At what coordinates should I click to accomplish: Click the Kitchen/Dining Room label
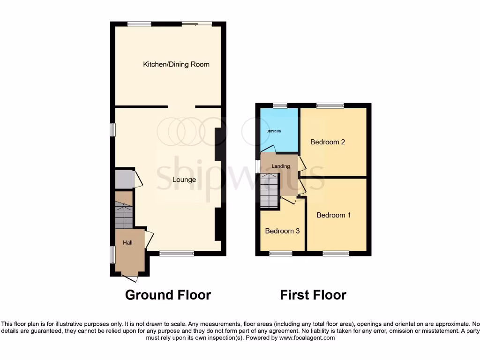(x=176, y=64)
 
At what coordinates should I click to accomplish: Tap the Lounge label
(x=184, y=180)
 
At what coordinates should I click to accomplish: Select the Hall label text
(x=127, y=243)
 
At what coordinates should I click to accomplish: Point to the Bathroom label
(x=274, y=131)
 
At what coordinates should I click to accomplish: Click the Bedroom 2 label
(x=328, y=142)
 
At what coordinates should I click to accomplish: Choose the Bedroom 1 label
(x=334, y=215)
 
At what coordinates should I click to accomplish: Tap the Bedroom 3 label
(x=282, y=231)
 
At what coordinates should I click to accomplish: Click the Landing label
(x=281, y=166)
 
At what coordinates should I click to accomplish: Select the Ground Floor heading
(x=168, y=295)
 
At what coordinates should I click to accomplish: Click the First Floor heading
(x=313, y=295)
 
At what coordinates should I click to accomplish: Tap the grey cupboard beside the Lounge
(x=124, y=179)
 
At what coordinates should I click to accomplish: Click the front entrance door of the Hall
(x=129, y=277)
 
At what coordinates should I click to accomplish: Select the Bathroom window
(x=280, y=105)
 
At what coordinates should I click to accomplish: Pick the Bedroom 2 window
(x=330, y=105)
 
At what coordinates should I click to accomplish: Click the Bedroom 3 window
(x=281, y=254)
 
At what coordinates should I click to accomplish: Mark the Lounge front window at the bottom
(x=177, y=254)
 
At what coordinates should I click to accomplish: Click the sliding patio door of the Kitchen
(x=196, y=24)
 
